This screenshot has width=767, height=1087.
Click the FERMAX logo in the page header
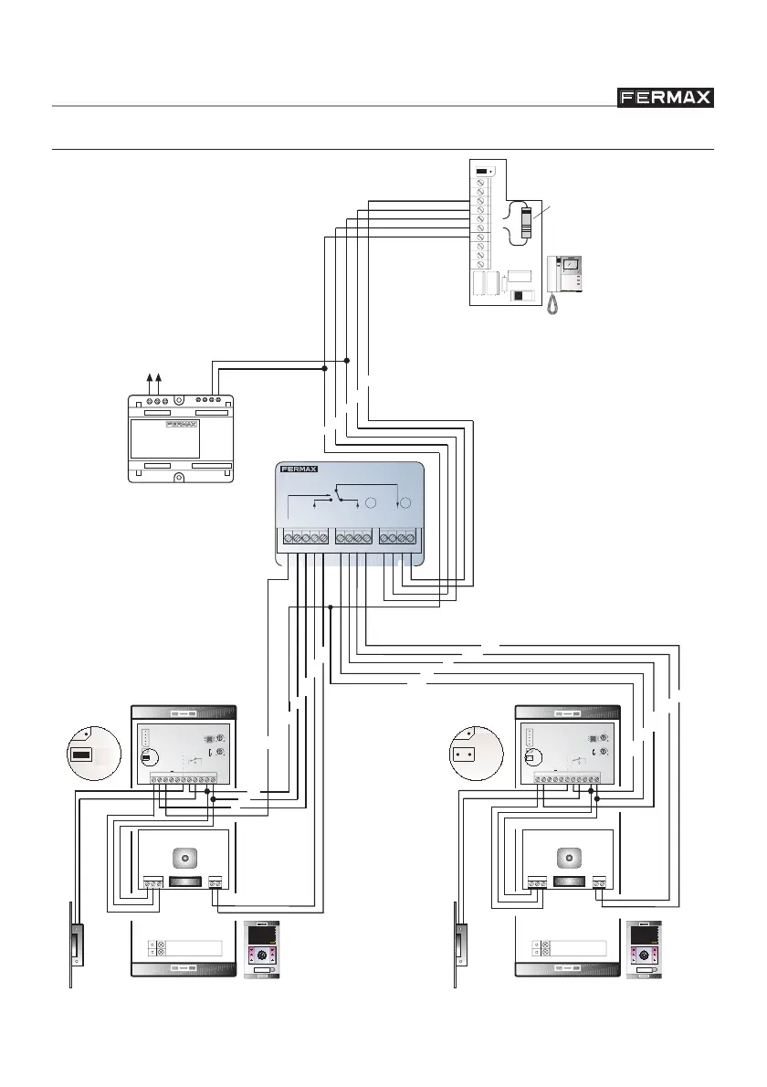pos(663,98)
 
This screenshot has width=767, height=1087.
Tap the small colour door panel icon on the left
pos(263,951)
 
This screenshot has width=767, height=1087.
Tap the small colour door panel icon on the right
pos(646,951)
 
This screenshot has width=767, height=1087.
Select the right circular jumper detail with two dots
pos(472,755)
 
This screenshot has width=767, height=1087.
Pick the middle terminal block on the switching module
pos(351,540)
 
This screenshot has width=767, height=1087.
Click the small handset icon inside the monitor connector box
pos(525,224)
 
